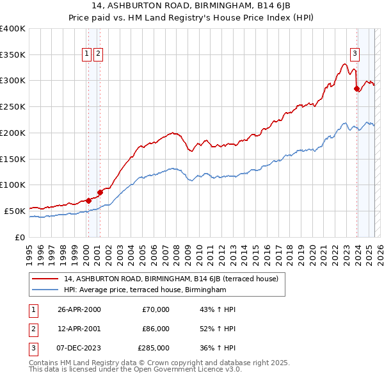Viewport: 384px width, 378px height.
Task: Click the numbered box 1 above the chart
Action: click(86, 54)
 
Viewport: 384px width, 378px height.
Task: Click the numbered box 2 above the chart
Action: click(98, 54)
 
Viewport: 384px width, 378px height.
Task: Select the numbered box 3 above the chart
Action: click(354, 54)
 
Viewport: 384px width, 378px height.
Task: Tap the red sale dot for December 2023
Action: click(357, 89)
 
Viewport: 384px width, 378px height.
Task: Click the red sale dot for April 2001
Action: click(100, 192)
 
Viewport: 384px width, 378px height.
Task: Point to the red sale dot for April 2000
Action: click(88, 201)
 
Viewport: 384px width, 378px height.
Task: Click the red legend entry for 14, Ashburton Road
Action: click(170, 279)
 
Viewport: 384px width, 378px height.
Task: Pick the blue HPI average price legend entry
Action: click(145, 290)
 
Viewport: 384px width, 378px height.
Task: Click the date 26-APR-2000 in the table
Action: click(79, 309)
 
